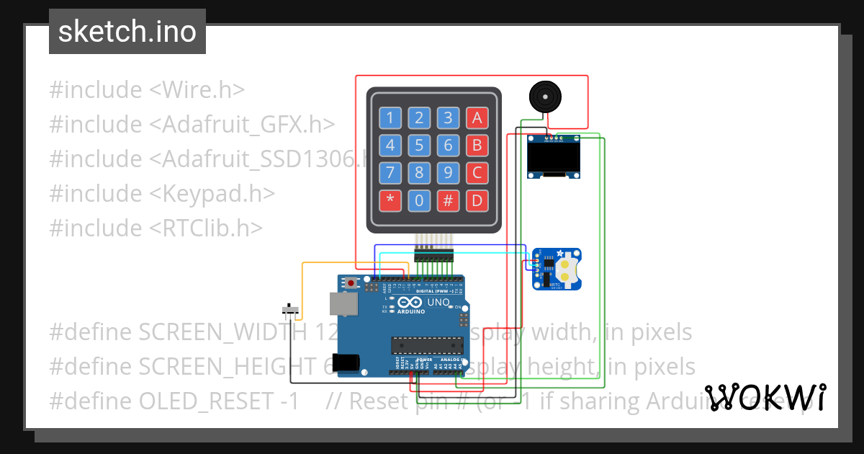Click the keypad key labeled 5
point(419,145)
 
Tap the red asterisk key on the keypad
point(390,200)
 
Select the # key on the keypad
point(448,200)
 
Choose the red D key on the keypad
point(476,200)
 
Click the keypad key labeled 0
point(419,200)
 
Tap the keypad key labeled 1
point(390,117)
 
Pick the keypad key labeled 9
point(448,173)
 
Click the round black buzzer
point(544,97)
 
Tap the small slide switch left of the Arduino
point(292,311)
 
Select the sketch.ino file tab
point(127,32)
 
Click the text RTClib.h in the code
point(207,228)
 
